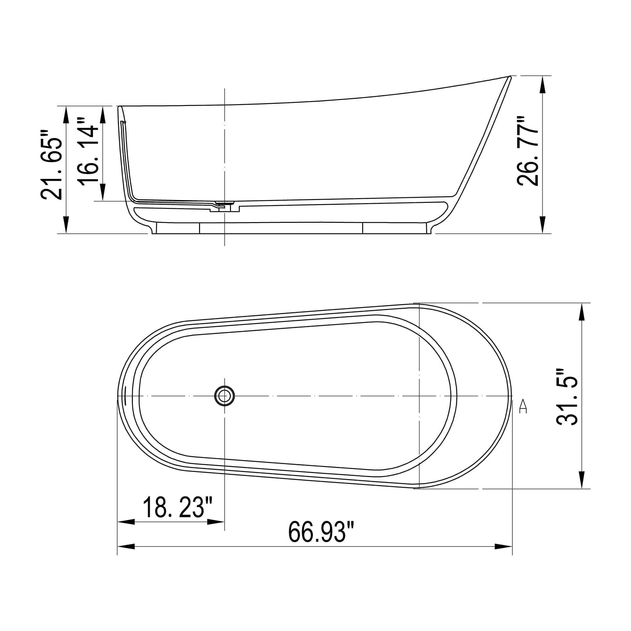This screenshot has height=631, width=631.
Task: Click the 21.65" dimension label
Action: pos(52,164)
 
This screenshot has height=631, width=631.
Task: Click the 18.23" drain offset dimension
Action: pos(178,507)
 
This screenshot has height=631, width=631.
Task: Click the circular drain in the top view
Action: pos(224,396)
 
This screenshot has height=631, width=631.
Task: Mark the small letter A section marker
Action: pos(523,407)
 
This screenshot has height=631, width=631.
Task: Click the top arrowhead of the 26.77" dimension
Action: pos(543,85)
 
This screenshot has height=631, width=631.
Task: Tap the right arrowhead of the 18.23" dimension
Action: pos(216,522)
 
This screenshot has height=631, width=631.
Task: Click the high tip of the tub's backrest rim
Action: pos(510,77)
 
